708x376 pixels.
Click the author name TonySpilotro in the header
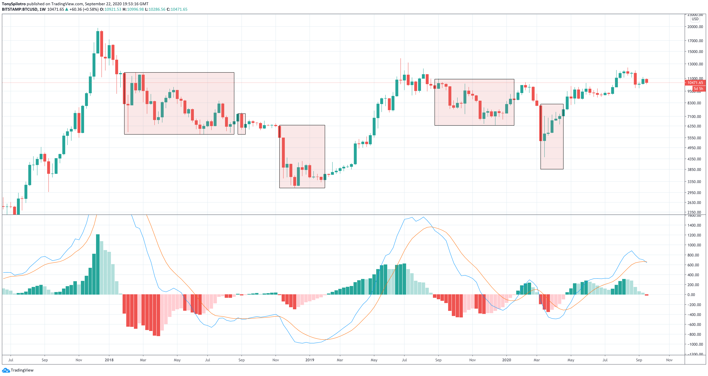click(x=14, y=4)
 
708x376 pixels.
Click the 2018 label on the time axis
click(x=109, y=360)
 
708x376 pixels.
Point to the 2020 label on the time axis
click(x=506, y=360)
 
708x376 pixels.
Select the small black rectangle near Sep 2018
click(x=242, y=124)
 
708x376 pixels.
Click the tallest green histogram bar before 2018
click(x=98, y=264)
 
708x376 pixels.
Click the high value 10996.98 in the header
click(x=135, y=9)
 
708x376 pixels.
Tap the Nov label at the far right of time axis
click(x=669, y=360)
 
